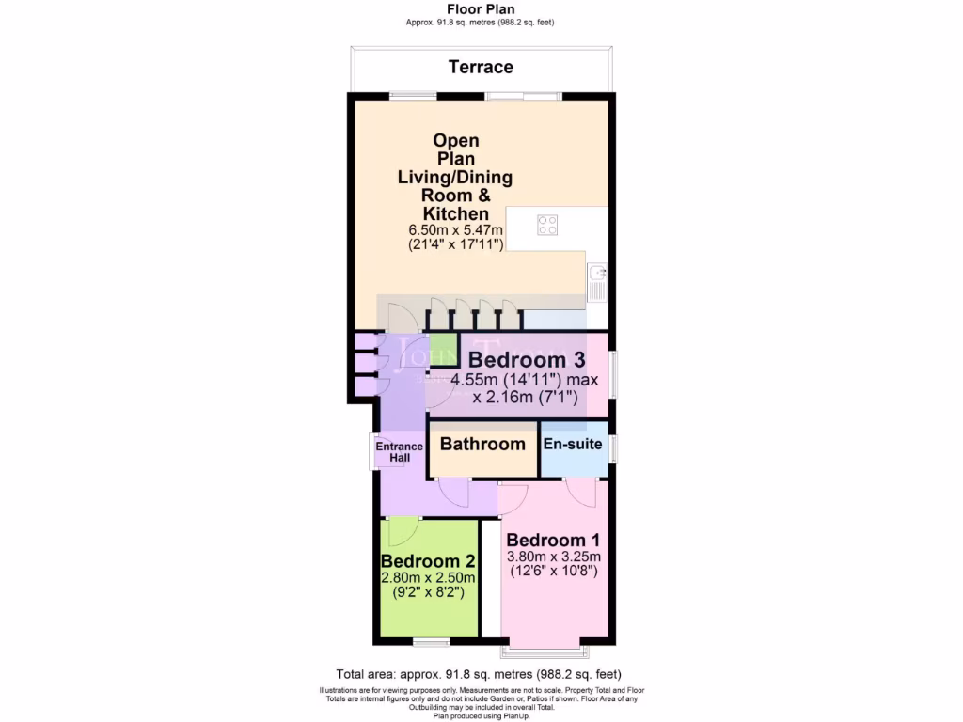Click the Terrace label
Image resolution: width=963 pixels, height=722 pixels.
pyautogui.click(x=481, y=67)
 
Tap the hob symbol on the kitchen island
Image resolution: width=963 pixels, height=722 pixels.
pyautogui.click(x=546, y=225)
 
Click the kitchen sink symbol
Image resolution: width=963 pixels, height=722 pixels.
pyautogui.click(x=596, y=283)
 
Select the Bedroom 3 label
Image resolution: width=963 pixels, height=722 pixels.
pyautogui.click(x=527, y=359)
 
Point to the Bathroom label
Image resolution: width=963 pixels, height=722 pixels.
pyautogui.click(x=482, y=444)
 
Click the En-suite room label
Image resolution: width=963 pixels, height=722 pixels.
pyautogui.click(x=573, y=444)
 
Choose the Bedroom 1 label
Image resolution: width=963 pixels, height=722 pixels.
pyautogui.click(x=553, y=541)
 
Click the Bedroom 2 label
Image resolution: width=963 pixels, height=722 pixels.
pyautogui.click(x=428, y=561)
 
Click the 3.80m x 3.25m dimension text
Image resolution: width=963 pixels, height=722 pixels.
pyautogui.click(x=553, y=556)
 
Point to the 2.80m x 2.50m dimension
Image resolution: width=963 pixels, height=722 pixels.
pyautogui.click(x=428, y=577)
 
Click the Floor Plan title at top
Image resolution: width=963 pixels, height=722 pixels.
pyautogui.click(x=481, y=9)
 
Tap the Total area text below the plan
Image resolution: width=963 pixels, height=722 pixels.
pyautogui.click(x=479, y=674)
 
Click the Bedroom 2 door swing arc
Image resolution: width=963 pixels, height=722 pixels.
pyautogui.click(x=402, y=531)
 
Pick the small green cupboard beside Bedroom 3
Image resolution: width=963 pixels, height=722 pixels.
pyautogui.click(x=442, y=347)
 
